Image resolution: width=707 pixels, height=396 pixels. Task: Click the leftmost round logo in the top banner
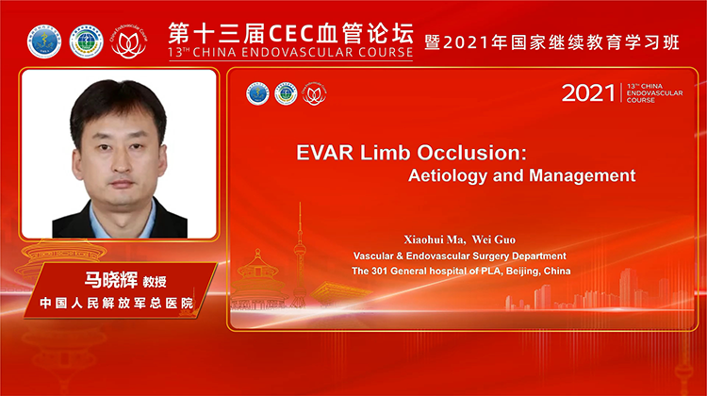click(43, 40)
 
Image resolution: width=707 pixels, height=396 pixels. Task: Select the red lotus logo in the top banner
click(128, 41)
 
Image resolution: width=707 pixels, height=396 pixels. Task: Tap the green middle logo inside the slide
click(286, 93)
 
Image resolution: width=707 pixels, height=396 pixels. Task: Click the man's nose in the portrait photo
click(119, 154)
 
